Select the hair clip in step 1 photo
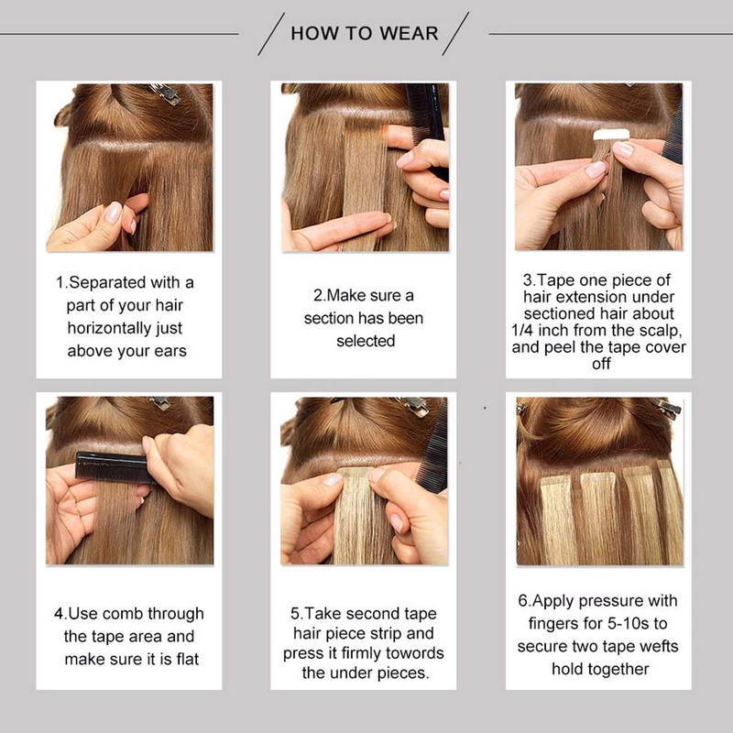point(165,92)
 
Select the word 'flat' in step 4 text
point(184,659)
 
